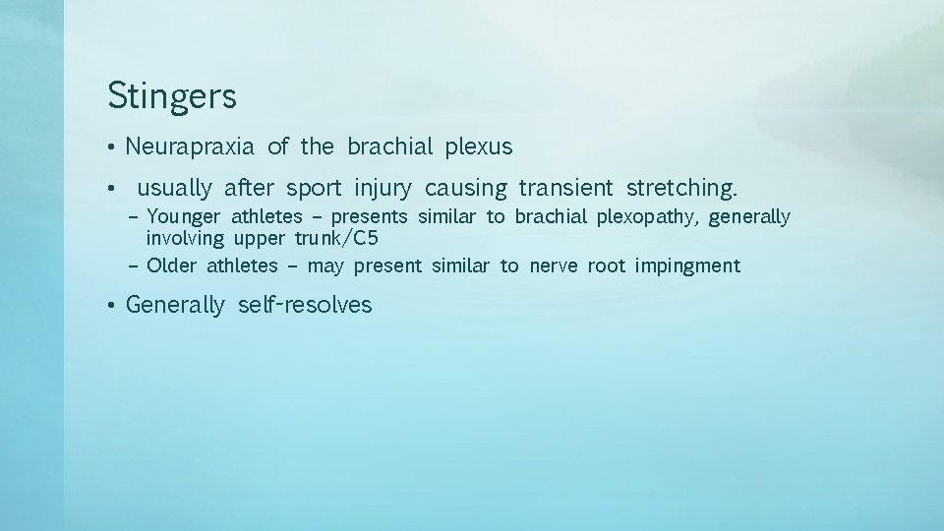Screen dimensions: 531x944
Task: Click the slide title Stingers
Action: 172,97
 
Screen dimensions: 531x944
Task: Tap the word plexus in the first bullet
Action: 479,147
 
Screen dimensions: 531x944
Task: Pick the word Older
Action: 171,265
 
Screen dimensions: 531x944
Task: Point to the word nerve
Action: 553,265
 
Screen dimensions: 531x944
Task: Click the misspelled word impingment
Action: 687,265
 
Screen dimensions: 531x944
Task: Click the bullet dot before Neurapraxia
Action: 113,148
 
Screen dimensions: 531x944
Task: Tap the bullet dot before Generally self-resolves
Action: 113,306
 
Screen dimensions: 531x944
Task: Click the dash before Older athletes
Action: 133,265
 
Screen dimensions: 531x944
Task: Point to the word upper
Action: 257,238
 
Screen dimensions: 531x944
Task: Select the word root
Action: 605,265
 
